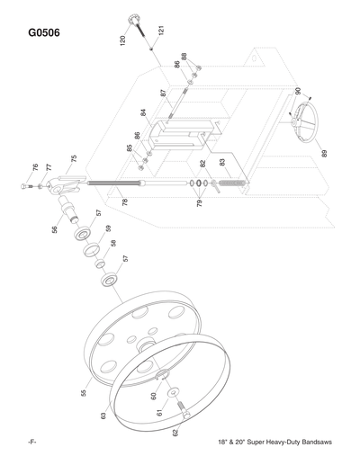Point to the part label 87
(x=164, y=94)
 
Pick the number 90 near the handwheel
(x=298, y=92)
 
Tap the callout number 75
(x=74, y=158)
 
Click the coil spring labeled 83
(x=231, y=185)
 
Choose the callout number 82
(x=203, y=165)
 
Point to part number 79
(x=200, y=204)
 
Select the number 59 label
(x=108, y=228)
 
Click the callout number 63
(x=103, y=415)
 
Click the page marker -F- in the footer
(x=32, y=444)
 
